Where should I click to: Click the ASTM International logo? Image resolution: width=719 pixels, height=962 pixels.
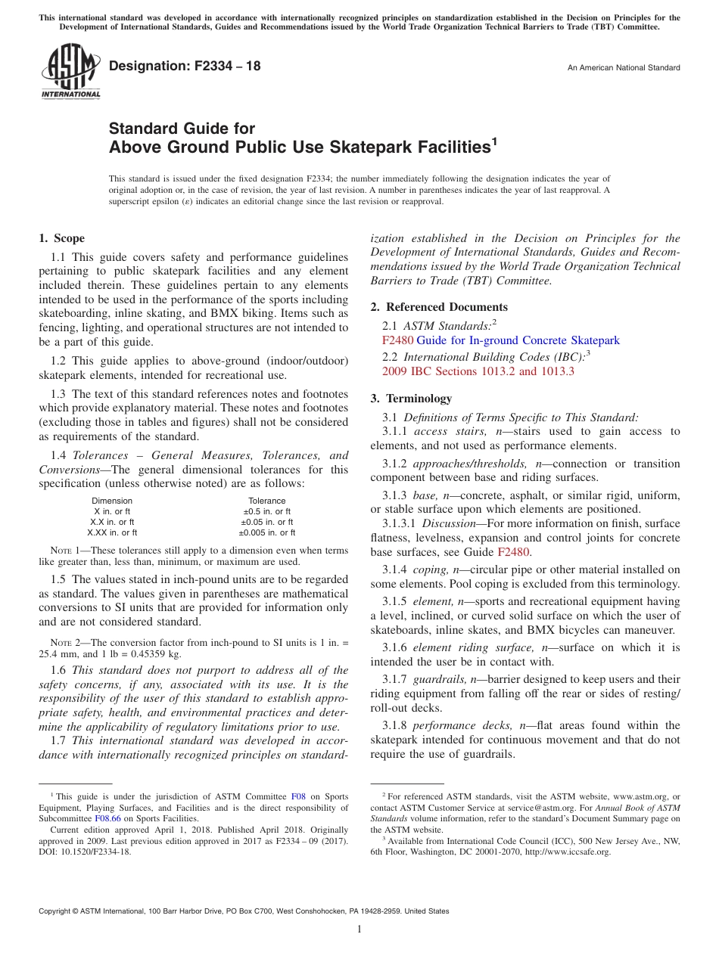point(70,71)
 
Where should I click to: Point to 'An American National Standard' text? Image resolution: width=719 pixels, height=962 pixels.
point(624,68)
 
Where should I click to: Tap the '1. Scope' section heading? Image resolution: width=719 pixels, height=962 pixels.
point(61,238)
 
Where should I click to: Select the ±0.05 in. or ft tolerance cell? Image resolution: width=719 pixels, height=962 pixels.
point(266,522)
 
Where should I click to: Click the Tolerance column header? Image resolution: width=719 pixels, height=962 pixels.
point(266,501)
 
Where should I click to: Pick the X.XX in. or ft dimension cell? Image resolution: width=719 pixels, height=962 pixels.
point(112,532)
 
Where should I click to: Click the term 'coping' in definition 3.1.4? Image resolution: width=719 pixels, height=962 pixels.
point(431,569)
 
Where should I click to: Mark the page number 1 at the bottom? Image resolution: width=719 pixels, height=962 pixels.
point(359,929)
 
